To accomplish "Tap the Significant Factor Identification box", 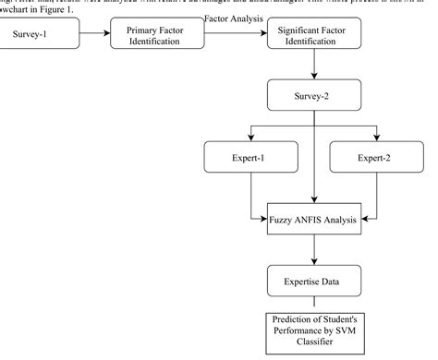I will coord(314,37).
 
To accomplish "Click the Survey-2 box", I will coord(314,96).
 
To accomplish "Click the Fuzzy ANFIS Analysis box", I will coord(314,219).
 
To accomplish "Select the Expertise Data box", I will coord(314,279).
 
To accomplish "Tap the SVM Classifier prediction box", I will coord(314,333).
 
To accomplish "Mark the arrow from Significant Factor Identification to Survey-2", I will coord(314,66).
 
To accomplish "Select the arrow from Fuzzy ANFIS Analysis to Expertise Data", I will coord(314,249).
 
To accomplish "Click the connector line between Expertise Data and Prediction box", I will coord(314,302).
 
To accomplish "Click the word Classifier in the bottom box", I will coord(314,345).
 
